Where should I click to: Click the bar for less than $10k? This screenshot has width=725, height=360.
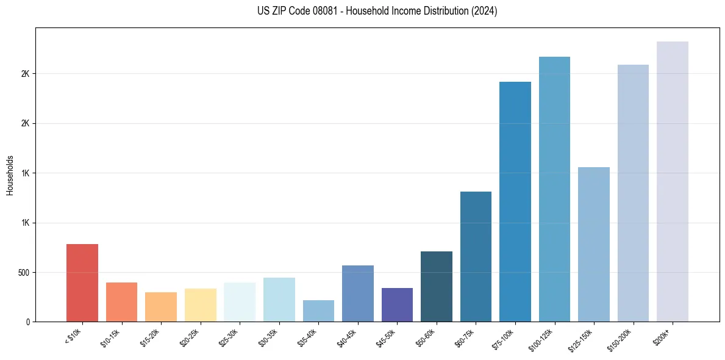click(82, 283)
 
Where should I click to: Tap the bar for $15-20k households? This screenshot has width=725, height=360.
click(161, 307)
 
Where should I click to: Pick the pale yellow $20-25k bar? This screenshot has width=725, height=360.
click(200, 305)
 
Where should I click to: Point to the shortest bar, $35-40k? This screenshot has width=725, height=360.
click(318, 311)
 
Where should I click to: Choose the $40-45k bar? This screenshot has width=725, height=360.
click(358, 293)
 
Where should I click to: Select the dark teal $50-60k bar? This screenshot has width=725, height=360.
click(437, 286)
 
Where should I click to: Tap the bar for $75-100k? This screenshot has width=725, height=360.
click(515, 201)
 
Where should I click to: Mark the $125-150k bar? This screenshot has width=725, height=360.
click(594, 244)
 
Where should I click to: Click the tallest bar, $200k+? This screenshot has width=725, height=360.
click(673, 181)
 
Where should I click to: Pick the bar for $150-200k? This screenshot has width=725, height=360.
click(633, 193)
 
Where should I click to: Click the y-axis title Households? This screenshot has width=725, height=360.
click(10, 175)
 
